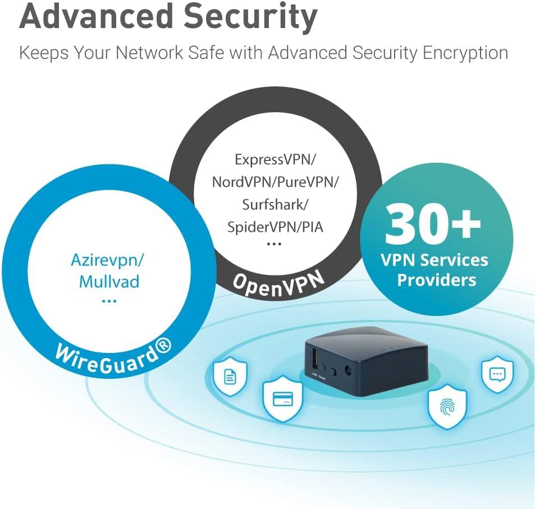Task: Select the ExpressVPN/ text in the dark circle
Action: pos(275,159)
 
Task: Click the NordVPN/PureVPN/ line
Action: pos(275,182)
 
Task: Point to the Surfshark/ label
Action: pos(275,204)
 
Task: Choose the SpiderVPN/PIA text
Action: pos(275,227)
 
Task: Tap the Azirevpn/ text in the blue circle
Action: pos(108,260)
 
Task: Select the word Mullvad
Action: pos(109,281)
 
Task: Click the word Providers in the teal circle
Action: pos(436,279)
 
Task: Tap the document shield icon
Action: pos(230,376)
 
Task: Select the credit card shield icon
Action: pos(283,399)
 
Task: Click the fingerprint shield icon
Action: pos(447,406)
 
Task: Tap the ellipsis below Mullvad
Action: pos(109,301)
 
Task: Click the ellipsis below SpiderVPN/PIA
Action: pos(274,244)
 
